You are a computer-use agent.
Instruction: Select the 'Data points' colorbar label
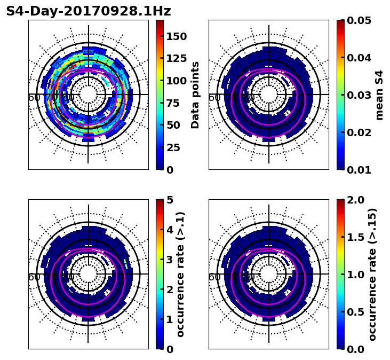[x=195, y=95]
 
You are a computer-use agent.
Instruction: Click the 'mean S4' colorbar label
[x=379, y=95]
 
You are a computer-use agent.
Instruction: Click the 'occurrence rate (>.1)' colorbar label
[x=180, y=274]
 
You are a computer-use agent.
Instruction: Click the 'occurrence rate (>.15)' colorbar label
[x=372, y=274]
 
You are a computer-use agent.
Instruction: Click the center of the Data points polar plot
[x=89, y=95]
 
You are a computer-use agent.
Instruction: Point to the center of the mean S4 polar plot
[x=269, y=95]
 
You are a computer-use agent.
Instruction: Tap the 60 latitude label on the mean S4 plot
[x=214, y=98]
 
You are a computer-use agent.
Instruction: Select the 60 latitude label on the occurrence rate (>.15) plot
[x=214, y=277]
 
